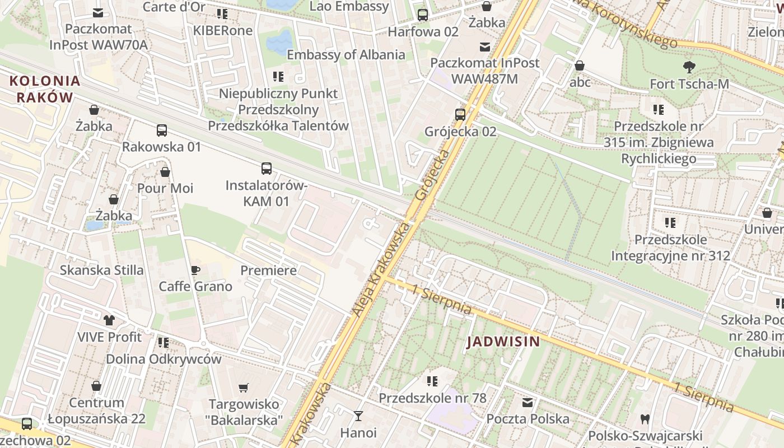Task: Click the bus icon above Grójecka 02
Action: [x=460, y=115]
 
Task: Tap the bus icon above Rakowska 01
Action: [x=162, y=130]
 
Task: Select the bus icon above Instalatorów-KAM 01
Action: [x=267, y=168]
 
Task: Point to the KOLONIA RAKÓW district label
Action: [x=45, y=89]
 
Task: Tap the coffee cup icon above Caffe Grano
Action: [x=195, y=270]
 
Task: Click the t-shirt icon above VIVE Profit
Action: [x=109, y=320]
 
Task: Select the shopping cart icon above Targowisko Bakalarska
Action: [x=244, y=388]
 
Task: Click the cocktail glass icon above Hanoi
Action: [x=358, y=416]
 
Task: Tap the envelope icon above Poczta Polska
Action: [x=528, y=402]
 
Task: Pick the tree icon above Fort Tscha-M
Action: [x=689, y=67]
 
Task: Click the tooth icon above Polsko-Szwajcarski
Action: [x=645, y=418]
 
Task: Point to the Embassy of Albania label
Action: [x=346, y=55]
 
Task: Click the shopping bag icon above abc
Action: [x=580, y=66]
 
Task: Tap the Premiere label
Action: [x=268, y=270]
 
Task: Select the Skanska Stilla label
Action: [x=102, y=270]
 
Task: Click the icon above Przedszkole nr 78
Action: [x=432, y=381]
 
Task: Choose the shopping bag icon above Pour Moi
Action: [x=165, y=171]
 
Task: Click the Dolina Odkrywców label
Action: [x=164, y=359]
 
